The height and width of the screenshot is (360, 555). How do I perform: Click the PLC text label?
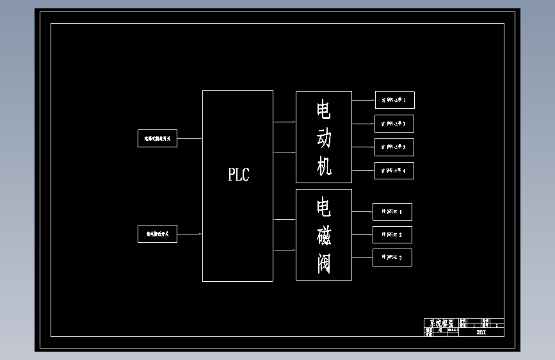[x=239, y=174]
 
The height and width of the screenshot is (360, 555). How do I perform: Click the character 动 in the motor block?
[x=324, y=138]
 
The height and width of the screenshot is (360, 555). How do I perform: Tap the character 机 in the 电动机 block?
[x=324, y=167]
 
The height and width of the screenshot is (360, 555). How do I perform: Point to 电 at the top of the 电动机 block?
[x=324, y=110]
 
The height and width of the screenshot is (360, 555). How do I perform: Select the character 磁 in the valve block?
[x=324, y=236]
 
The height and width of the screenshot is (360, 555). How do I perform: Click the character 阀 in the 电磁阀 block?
[x=324, y=263]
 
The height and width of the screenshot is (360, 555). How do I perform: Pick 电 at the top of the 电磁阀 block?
[x=324, y=208]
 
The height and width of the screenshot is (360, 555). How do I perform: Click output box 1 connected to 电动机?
[x=394, y=100]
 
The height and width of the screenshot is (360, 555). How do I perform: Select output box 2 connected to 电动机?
[x=394, y=124]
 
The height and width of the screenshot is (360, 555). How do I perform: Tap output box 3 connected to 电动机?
[x=394, y=147]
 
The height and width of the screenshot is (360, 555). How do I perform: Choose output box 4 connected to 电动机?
[x=394, y=171]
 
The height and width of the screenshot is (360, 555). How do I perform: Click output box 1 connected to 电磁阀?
[x=392, y=211]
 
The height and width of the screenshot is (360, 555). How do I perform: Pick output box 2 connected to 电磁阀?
[x=392, y=234]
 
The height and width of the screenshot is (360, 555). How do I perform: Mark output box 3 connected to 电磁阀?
[x=392, y=258]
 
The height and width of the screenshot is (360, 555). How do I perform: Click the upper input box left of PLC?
[x=157, y=138]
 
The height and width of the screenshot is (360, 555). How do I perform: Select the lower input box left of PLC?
[x=157, y=234]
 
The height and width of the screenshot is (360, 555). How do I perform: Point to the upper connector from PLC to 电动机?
[x=284, y=122]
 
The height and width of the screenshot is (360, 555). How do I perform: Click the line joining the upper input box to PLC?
[x=190, y=138]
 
